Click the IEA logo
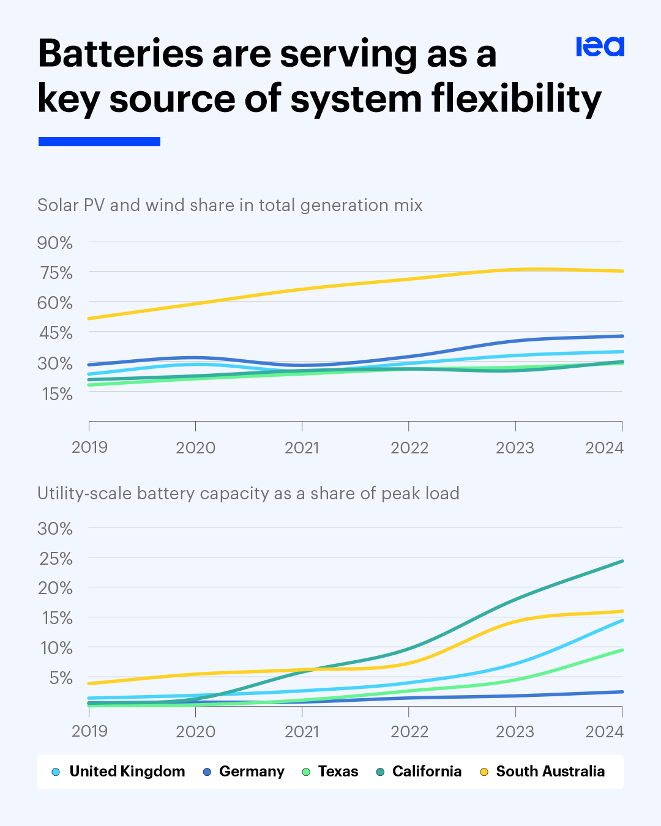pos(600,47)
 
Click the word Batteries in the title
pos(121,54)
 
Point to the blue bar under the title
pos(99,141)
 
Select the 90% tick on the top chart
pos(55,243)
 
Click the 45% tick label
pos(55,333)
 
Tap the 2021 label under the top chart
pos(302,448)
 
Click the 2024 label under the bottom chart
pos(604,732)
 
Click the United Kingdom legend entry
pos(127,772)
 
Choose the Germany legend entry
pos(252,772)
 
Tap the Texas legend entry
pos(338,772)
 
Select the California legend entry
pos(427,772)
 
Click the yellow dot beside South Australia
pos(484,772)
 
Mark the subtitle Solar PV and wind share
pos(230,205)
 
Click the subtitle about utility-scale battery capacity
pos(248,494)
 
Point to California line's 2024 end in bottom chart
pos(622,561)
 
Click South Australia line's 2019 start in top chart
pos(90,318)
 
